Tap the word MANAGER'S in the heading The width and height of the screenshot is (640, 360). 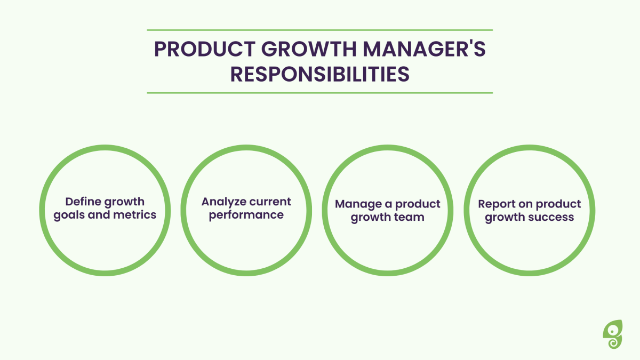[424, 49]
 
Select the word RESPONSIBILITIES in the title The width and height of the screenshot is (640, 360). [319, 74]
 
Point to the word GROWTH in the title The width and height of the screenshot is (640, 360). [309, 49]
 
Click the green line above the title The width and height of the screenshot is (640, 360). [319, 30]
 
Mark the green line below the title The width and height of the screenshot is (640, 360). [319, 93]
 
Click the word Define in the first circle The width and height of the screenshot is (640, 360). [83, 202]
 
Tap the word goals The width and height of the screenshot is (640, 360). [69, 215]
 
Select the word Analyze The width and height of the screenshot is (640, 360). [224, 202]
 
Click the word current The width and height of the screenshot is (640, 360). [270, 202]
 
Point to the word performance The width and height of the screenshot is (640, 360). [246, 215]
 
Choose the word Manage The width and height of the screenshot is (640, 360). [358, 205]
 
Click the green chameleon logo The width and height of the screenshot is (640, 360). [613, 334]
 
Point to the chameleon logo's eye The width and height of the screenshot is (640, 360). [612, 331]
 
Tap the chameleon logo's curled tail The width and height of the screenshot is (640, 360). [613, 342]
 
